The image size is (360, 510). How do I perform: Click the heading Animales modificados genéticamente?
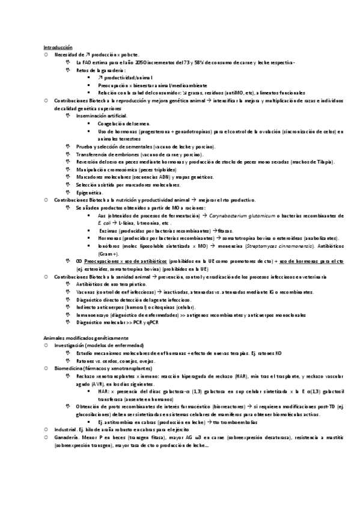pos(81,339)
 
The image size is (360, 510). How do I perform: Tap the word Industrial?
pos(65,430)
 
